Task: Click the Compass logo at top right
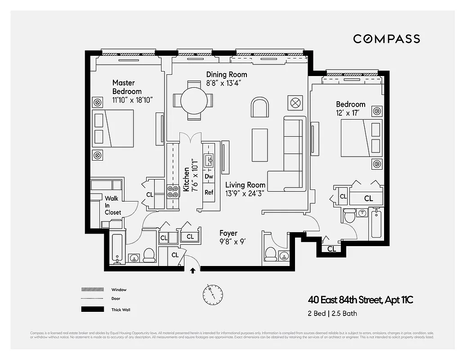(386, 39)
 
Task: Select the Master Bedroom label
(127, 87)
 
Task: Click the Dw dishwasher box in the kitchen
(209, 177)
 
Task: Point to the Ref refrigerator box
(209, 192)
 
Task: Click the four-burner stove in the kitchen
(173, 192)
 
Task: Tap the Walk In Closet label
(113, 205)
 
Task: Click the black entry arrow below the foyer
(193, 270)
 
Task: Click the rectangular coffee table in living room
(259, 145)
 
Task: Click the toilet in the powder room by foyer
(271, 254)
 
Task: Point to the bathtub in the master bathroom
(117, 248)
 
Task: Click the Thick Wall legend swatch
(93, 310)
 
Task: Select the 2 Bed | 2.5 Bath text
(332, 313)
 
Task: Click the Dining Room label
(226, 74)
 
